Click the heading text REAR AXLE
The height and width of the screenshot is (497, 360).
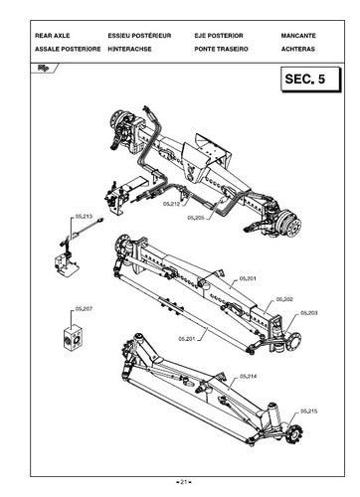52,36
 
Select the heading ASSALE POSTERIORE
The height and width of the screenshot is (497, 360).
68,49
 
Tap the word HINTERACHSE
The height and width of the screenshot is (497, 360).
129,49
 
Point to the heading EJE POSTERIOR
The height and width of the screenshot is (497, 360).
219,36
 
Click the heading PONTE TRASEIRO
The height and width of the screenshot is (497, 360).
221,49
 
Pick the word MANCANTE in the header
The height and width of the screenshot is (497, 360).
298,36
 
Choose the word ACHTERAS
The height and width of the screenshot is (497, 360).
298,49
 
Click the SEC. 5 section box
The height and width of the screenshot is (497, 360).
310,80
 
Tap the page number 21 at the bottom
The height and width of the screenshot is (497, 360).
184,482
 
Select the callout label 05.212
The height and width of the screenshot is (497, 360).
171,204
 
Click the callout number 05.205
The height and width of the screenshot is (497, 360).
196,218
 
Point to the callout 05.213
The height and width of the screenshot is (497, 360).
84,217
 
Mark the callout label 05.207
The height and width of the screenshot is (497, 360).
84,309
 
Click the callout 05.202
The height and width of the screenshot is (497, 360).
284,299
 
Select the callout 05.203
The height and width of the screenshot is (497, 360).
309,313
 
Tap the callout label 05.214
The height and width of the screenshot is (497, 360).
249,377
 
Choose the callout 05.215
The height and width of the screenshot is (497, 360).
309,412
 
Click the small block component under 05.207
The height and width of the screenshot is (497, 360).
73,337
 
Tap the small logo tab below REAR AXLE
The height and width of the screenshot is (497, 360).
44,69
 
